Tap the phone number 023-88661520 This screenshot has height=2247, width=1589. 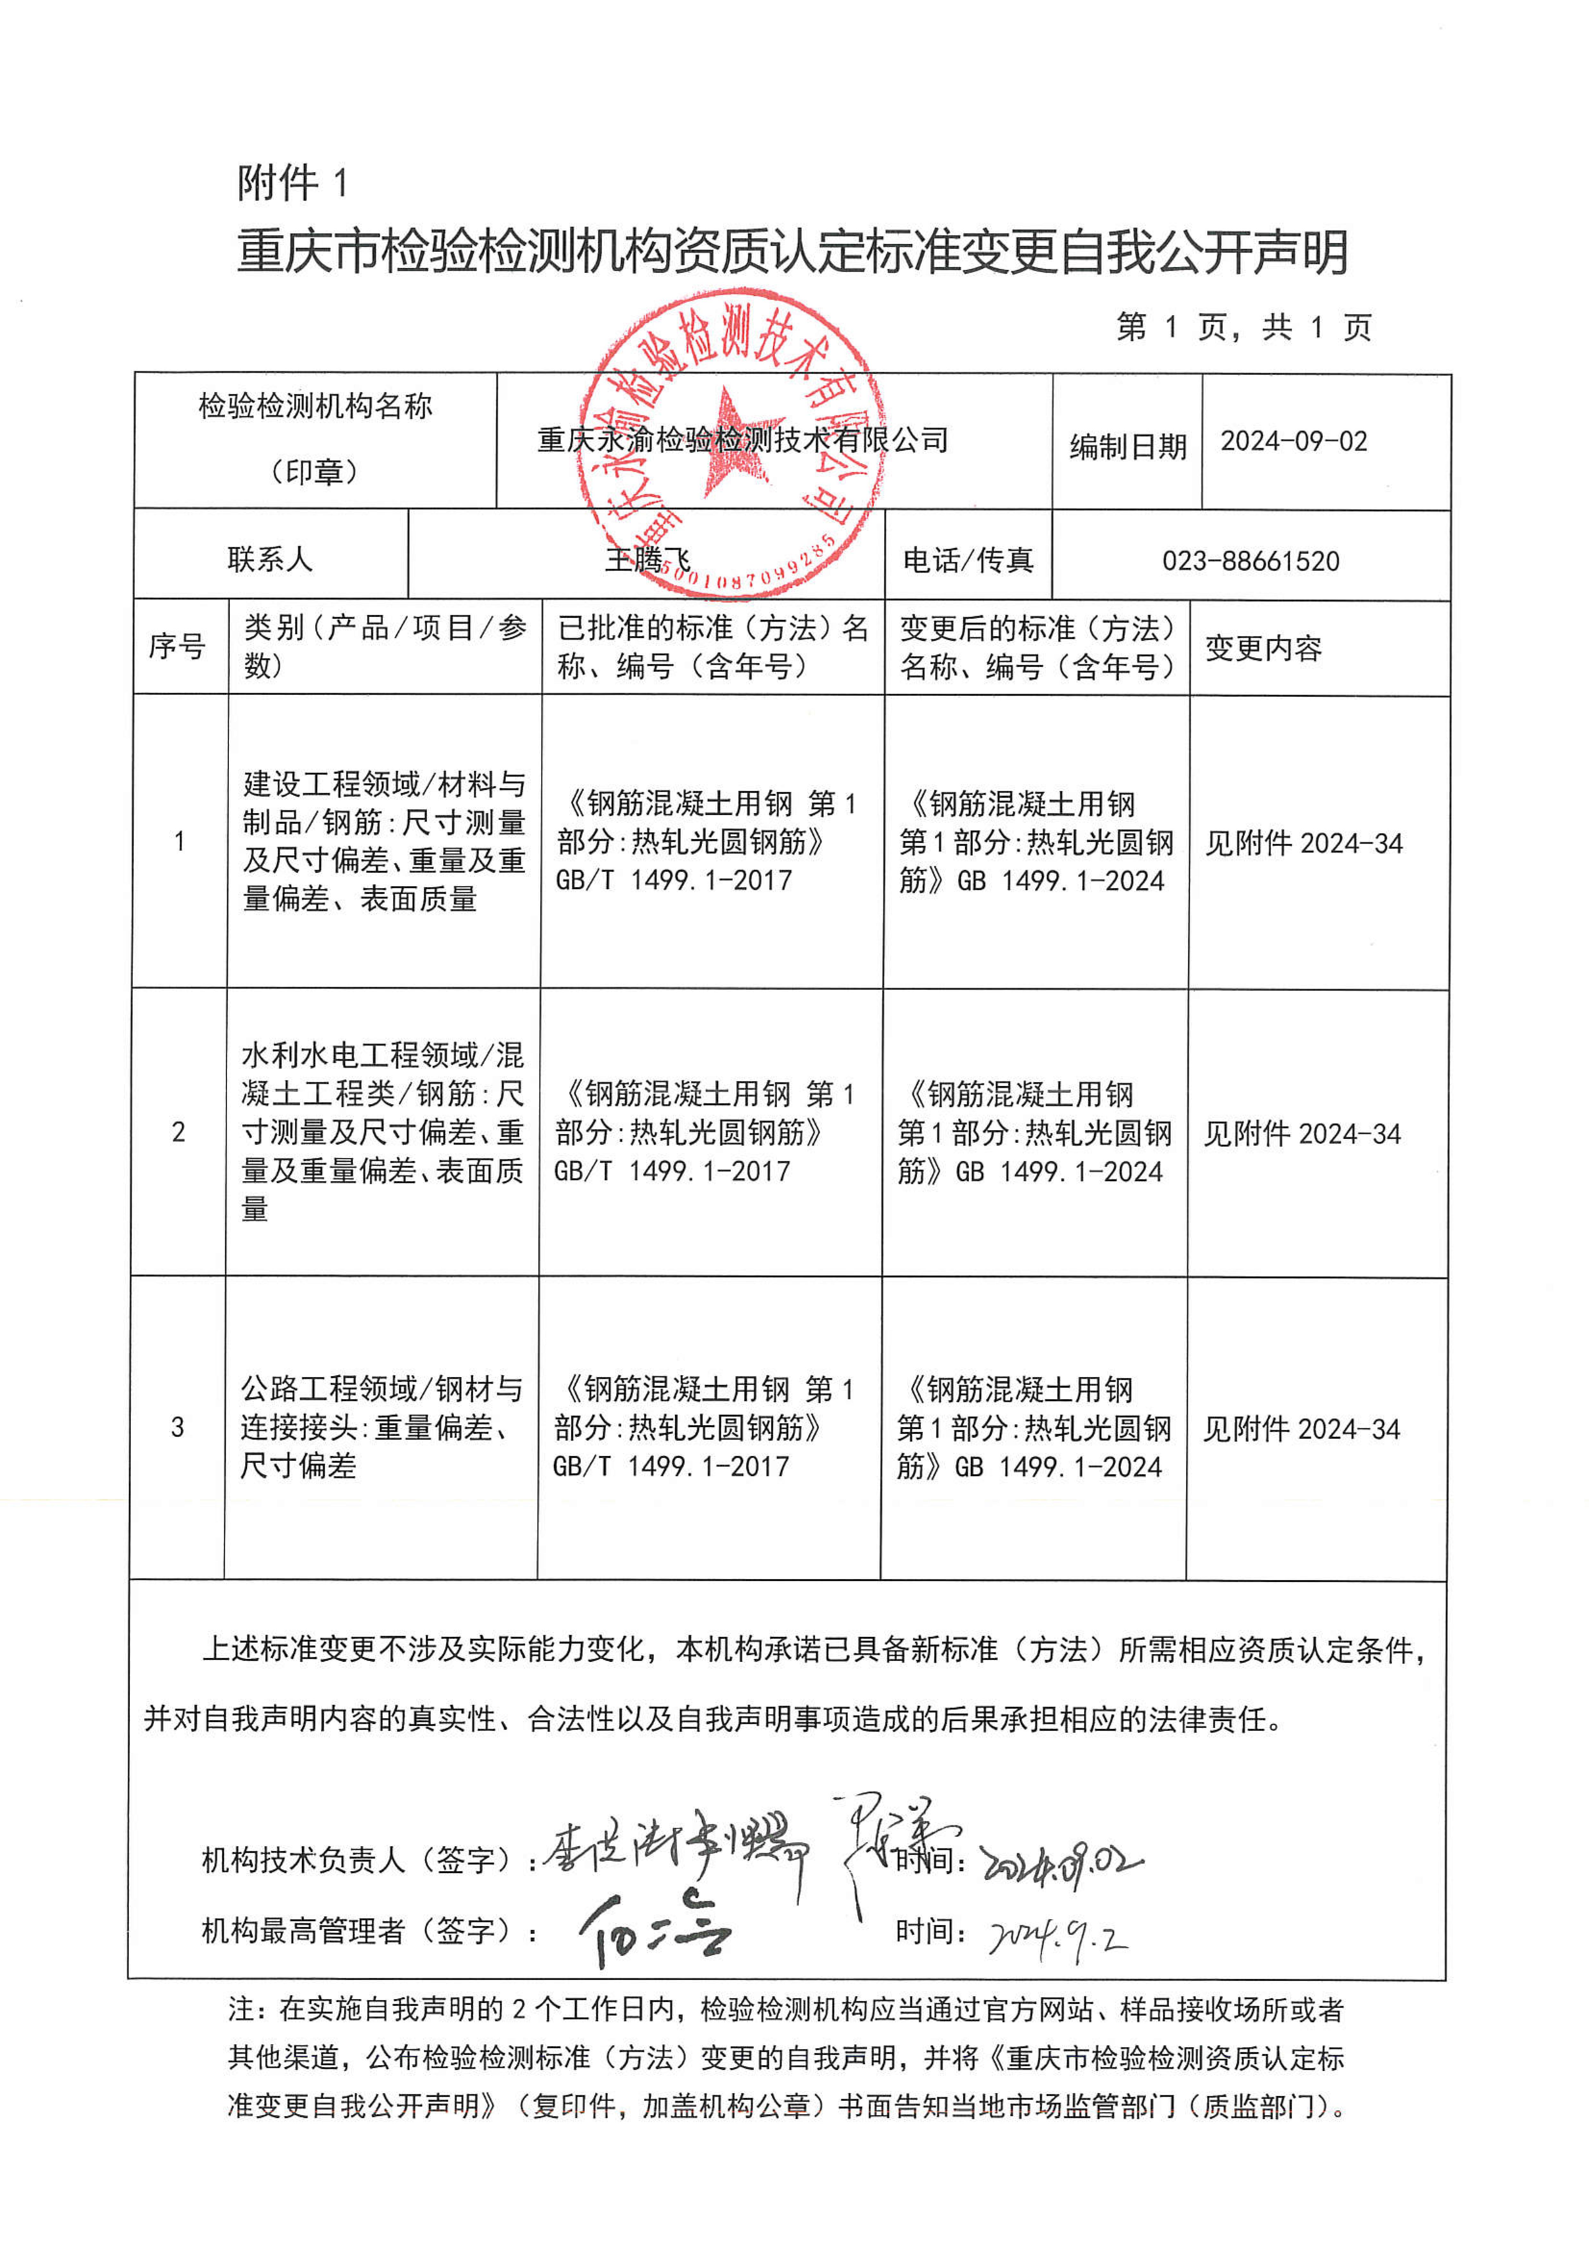click(1251, 561)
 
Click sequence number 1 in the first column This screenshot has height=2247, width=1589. click(179, 842)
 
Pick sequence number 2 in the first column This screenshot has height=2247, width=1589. click(178, 1132)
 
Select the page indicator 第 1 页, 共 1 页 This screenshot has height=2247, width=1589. click(1244, 327)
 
